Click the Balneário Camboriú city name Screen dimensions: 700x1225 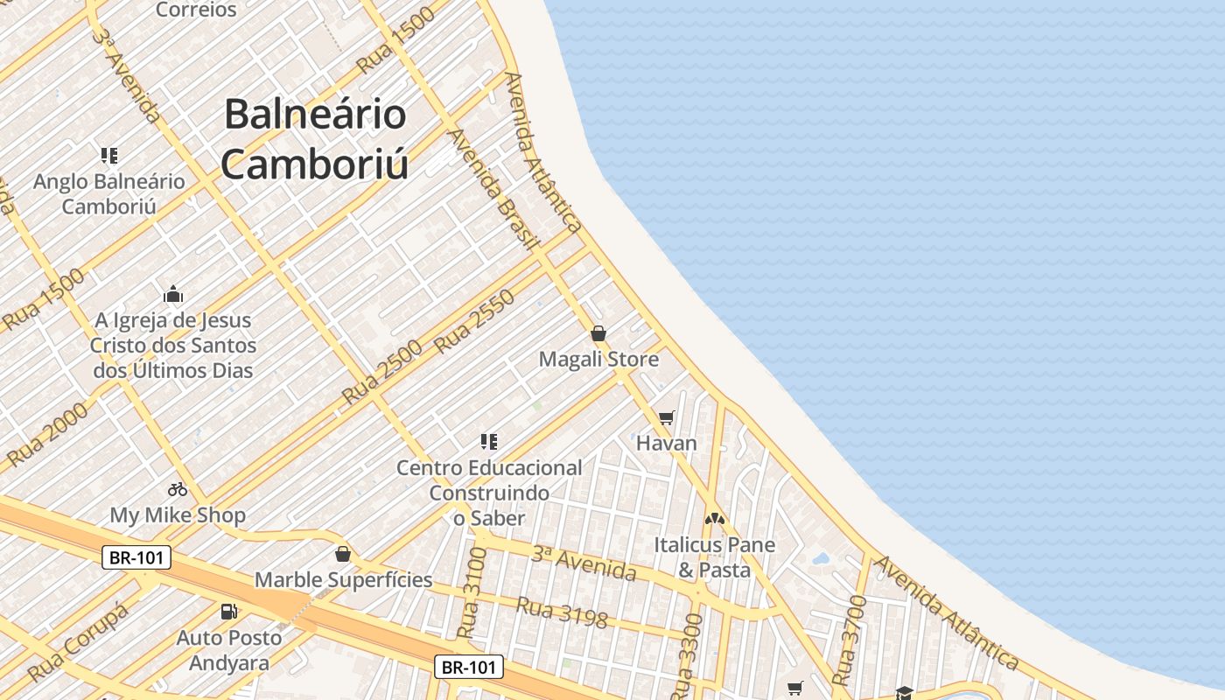click(314, 139)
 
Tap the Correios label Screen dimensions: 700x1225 click(196, 10)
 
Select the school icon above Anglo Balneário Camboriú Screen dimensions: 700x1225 click(109, 156)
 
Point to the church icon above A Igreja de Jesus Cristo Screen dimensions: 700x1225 click(173, 294)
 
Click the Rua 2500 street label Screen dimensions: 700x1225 click(381, 371)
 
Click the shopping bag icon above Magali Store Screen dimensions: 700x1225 click(598, 333)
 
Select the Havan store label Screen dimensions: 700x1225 click(667, 443)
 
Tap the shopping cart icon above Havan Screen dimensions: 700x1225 click(667, 418)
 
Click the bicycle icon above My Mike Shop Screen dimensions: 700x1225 click(178, 489)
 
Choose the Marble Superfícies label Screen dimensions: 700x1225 click(343, 579)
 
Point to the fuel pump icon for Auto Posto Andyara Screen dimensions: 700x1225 click(229, 612)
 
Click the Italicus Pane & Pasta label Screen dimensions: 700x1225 click(714, 557)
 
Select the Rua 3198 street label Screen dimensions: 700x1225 click(561, 612)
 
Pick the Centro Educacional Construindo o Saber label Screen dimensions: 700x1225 click(489, 493)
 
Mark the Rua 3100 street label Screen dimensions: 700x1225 click(471, 594)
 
